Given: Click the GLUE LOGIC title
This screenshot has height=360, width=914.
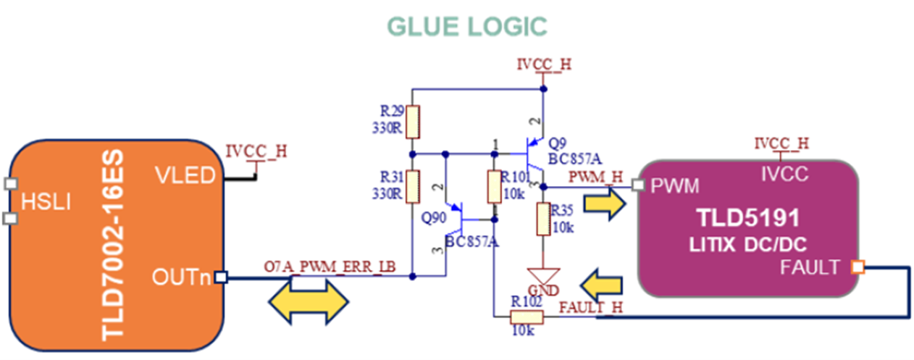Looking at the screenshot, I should coord(466,25).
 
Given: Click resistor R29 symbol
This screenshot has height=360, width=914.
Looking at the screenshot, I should coord(413,122).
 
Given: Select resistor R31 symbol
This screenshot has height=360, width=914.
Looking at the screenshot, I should coord(413,185).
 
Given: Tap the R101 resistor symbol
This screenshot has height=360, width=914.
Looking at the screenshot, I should coord(494,187).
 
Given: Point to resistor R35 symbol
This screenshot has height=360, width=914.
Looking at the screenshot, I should coord(545,219).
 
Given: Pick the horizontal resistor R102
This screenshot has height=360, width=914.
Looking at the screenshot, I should coord(527,317).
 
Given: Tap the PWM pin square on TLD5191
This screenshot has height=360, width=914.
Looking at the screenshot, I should coord(637,186).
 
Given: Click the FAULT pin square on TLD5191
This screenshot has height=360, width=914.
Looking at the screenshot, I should coord(858,267).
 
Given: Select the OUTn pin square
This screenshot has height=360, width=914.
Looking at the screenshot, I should coord(221,277).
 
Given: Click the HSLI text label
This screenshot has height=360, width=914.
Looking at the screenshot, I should coord(46,202).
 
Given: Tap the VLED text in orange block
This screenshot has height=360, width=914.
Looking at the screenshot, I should coord(184,175).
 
